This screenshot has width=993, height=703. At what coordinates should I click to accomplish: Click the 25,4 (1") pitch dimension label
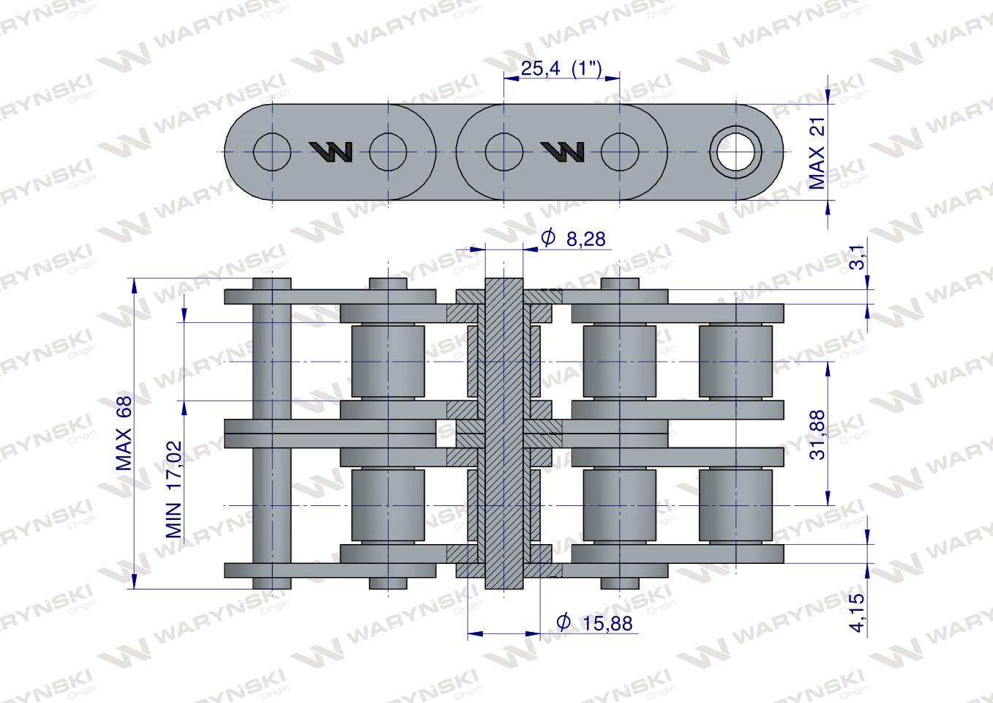click(561, 69)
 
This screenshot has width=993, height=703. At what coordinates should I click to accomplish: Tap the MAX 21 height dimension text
click(817, 153)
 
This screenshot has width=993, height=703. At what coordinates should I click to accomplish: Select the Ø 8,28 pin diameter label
click(573, 239)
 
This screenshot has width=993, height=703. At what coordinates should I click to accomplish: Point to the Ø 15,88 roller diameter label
click(594, 623)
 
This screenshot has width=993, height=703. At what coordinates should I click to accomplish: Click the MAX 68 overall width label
click(124, 434)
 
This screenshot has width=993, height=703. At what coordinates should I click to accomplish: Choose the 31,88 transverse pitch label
click(817, 435)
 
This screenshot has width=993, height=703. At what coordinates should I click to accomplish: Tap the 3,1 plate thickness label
click(858, 257)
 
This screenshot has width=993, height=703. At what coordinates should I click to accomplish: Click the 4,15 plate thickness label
click(858, 612)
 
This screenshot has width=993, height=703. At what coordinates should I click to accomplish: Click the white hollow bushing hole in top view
click(736, 152)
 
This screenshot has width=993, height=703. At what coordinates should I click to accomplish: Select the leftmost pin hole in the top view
click(272, 152)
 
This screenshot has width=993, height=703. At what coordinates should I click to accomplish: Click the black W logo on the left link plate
click(331, 152)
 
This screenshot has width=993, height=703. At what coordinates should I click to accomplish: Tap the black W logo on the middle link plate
click(562, 152)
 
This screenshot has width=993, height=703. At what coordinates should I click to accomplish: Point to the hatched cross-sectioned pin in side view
click(504, 434)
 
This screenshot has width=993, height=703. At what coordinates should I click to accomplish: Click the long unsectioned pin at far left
click(272, 434)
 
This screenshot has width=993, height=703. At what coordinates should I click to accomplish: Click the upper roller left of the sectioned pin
click(388, 362)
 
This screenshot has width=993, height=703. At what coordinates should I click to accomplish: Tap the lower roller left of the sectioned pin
click(388, 505)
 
